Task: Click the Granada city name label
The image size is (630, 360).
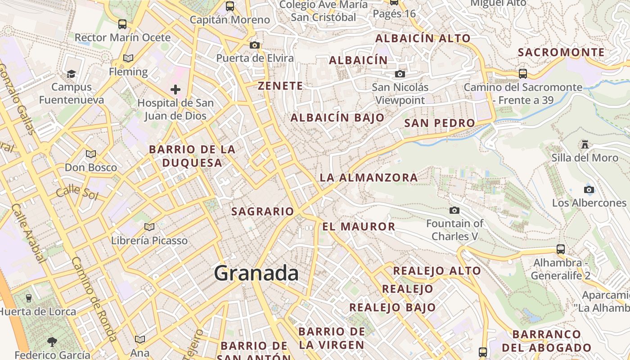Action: pyautogui.click(x=256, y=273)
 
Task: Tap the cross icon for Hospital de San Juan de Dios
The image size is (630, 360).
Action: pyautogui.click(x=175, y=90)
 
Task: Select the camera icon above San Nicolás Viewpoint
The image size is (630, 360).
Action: pyautogui.click(x=400, y=74)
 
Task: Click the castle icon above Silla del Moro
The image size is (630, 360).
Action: pyautogui.click(x=585, y=144)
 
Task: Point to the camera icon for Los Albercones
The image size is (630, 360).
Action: pyautogui.click(x=589, y=189)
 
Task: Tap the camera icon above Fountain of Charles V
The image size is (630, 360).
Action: pyautogui.click(x=454, y=210)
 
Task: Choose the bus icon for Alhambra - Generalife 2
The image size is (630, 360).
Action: pyautogui.click(x=560, y=249)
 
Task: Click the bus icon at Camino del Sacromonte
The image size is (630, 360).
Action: pyautogui.click(x=522, y=73)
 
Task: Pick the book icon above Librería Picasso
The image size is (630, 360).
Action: pyautogui.click(x=149, y=227)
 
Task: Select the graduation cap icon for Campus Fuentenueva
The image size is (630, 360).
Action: pyautogui.click(x=71, y=73)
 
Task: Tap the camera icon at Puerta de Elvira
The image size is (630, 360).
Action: pyautogui.click(x=255, y=45)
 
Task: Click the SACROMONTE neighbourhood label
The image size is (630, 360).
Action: pyautogui.click(x=561, y=52)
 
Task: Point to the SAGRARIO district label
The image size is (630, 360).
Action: pyautogui.click(x=262, y=211)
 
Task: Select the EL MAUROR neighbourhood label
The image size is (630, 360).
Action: pyautogui.click(x=359, y=226)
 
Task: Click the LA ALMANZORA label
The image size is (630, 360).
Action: pyautogui.click(x=369, y=178)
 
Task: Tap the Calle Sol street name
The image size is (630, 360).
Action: pyautogui.click(x=77, y=192)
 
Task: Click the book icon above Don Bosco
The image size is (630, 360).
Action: pyautogui.click(x=91, y=154)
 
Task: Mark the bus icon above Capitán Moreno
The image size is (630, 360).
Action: pyautogui.click(x=230, y=6)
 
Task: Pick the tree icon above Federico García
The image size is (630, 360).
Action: pyautogui.click(x=52, y=342)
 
